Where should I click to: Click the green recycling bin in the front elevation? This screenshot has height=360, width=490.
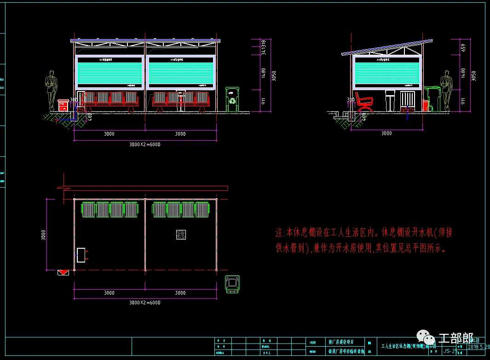(233, 99)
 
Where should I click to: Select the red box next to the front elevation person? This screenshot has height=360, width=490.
(63, 105)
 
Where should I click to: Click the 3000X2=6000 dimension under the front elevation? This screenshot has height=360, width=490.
(144, 144)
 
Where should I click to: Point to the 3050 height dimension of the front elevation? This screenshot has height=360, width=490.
(274, 75)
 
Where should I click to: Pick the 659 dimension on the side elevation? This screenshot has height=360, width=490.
(462, 47)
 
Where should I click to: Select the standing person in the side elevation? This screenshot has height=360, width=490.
(446, 90)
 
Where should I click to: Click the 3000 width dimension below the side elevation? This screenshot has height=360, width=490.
(387, 133)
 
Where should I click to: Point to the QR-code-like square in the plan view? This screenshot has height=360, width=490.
(181, 234)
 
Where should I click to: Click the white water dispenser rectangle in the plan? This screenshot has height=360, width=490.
(81, 255)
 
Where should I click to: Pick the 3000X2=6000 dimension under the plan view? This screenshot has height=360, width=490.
(144, 303)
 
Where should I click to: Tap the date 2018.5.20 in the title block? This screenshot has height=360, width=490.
(479, 347)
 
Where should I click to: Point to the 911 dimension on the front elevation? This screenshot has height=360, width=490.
(263, 102)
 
